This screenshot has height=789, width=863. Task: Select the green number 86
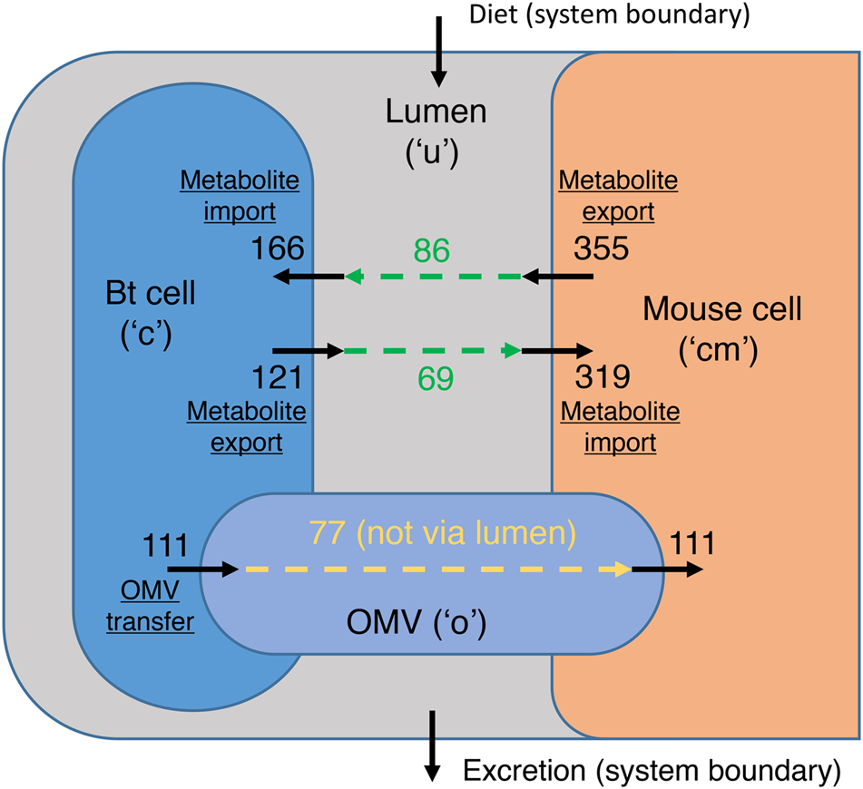432,250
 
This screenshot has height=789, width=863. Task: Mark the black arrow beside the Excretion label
433,745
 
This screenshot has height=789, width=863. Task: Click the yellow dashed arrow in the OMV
436,570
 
